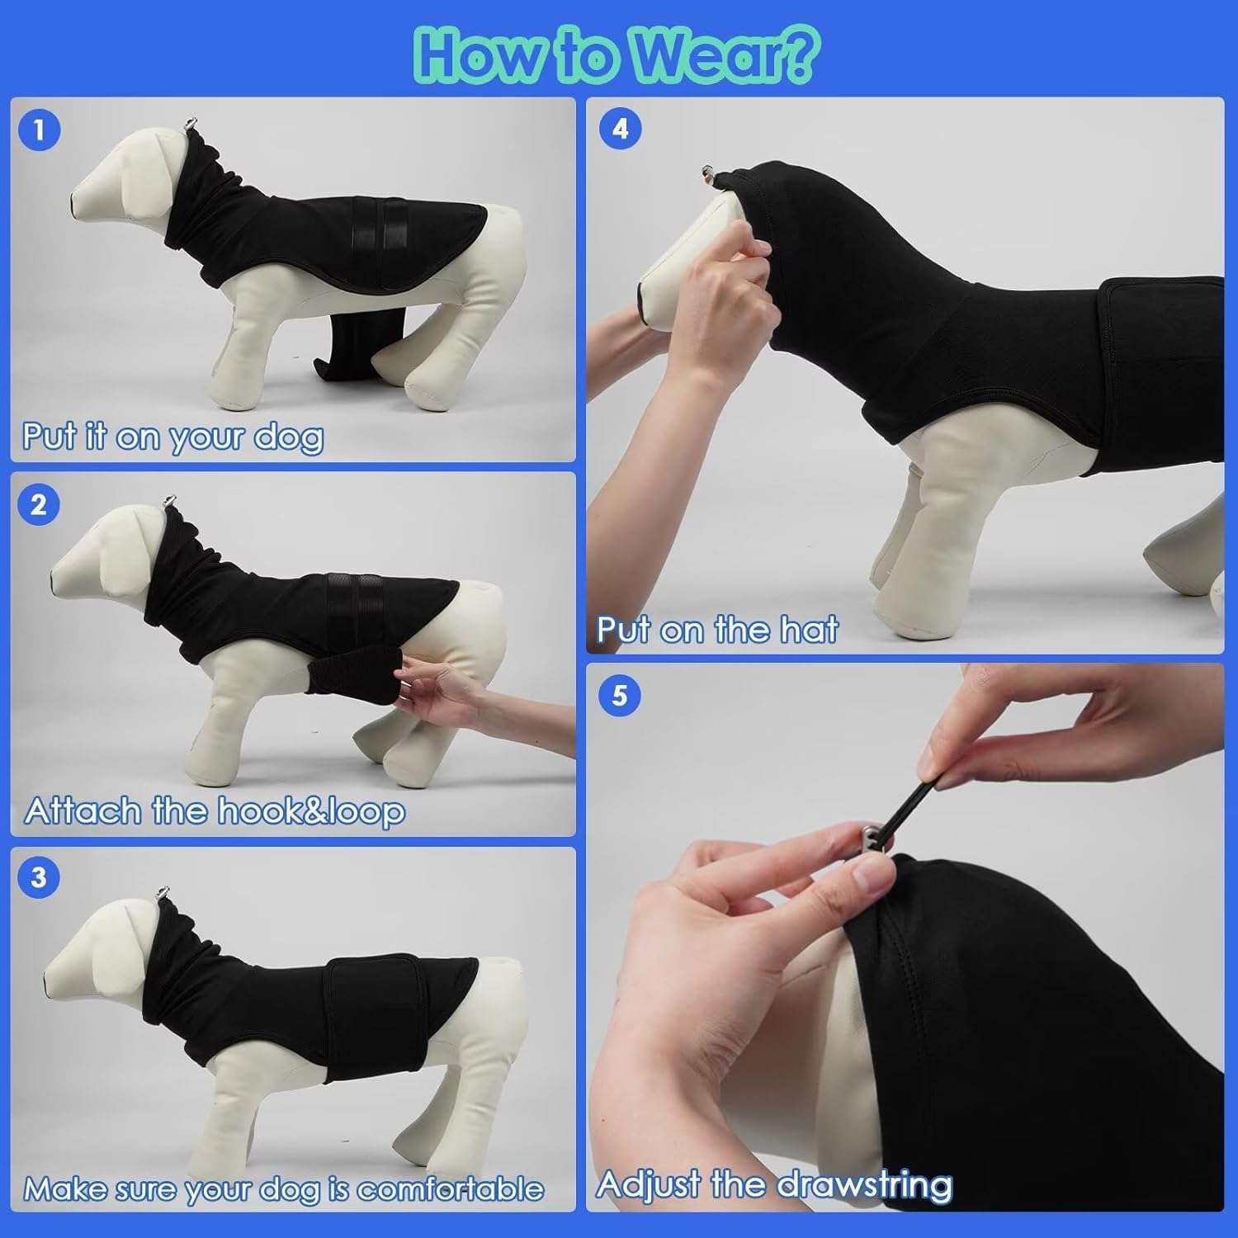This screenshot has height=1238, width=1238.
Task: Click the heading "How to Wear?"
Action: [x=617, y=54]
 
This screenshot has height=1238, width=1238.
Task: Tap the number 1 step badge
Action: [x=39, y=130]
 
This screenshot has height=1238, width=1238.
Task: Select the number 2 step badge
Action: [x=39, y=504]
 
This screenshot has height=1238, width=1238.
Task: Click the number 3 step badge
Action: [x=39, y=877]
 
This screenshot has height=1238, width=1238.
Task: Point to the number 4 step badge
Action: [x=620, y=129]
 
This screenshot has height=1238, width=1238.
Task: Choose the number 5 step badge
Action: [x=620, y=695]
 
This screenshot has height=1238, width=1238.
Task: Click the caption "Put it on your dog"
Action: [x=172, y=436]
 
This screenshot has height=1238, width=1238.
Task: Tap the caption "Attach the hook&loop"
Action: [x=215, y=810]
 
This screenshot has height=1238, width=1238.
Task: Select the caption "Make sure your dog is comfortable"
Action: [x=283, y=1188]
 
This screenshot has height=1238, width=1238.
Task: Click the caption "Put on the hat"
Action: [x=717, y=630]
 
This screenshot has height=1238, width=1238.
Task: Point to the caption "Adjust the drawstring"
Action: [x=773, y=1185]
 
